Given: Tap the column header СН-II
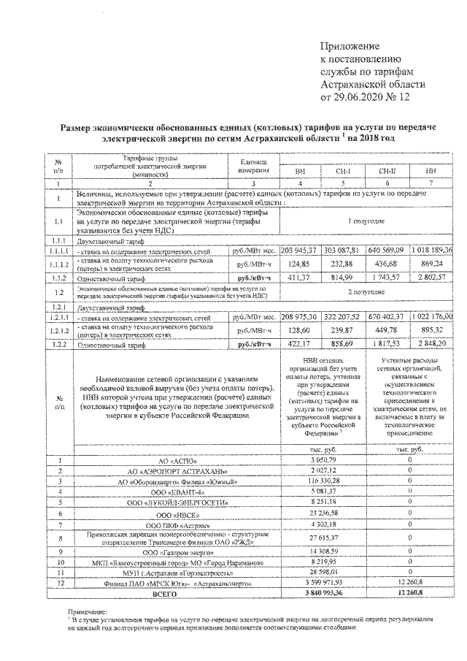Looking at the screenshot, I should point(389,170).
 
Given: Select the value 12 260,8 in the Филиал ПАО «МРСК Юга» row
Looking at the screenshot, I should point(409,584).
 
